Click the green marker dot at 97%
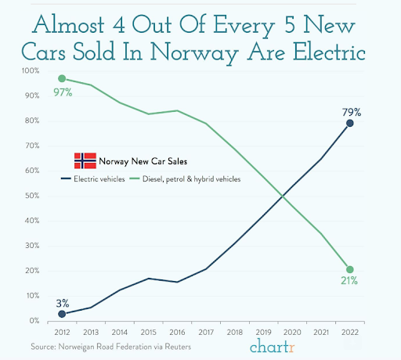[62, 78]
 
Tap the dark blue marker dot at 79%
[350, 123]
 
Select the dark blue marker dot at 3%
[62, 314]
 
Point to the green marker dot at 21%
[350, 269]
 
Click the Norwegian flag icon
[85, 160]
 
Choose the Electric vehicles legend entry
[93, 179]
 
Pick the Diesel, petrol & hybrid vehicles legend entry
[185, 179]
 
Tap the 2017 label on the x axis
[206, 333]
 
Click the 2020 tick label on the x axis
[292, 333]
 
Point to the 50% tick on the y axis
[32, 196]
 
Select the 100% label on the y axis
[31, 70]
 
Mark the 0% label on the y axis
[34, 321]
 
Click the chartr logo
[273, 347]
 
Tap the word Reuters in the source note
[178, 347]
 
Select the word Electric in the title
[329, 51]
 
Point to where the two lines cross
[283, 196]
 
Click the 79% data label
[352, 112]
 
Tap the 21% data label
[349, 281]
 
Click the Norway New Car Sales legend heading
[143, 161]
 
